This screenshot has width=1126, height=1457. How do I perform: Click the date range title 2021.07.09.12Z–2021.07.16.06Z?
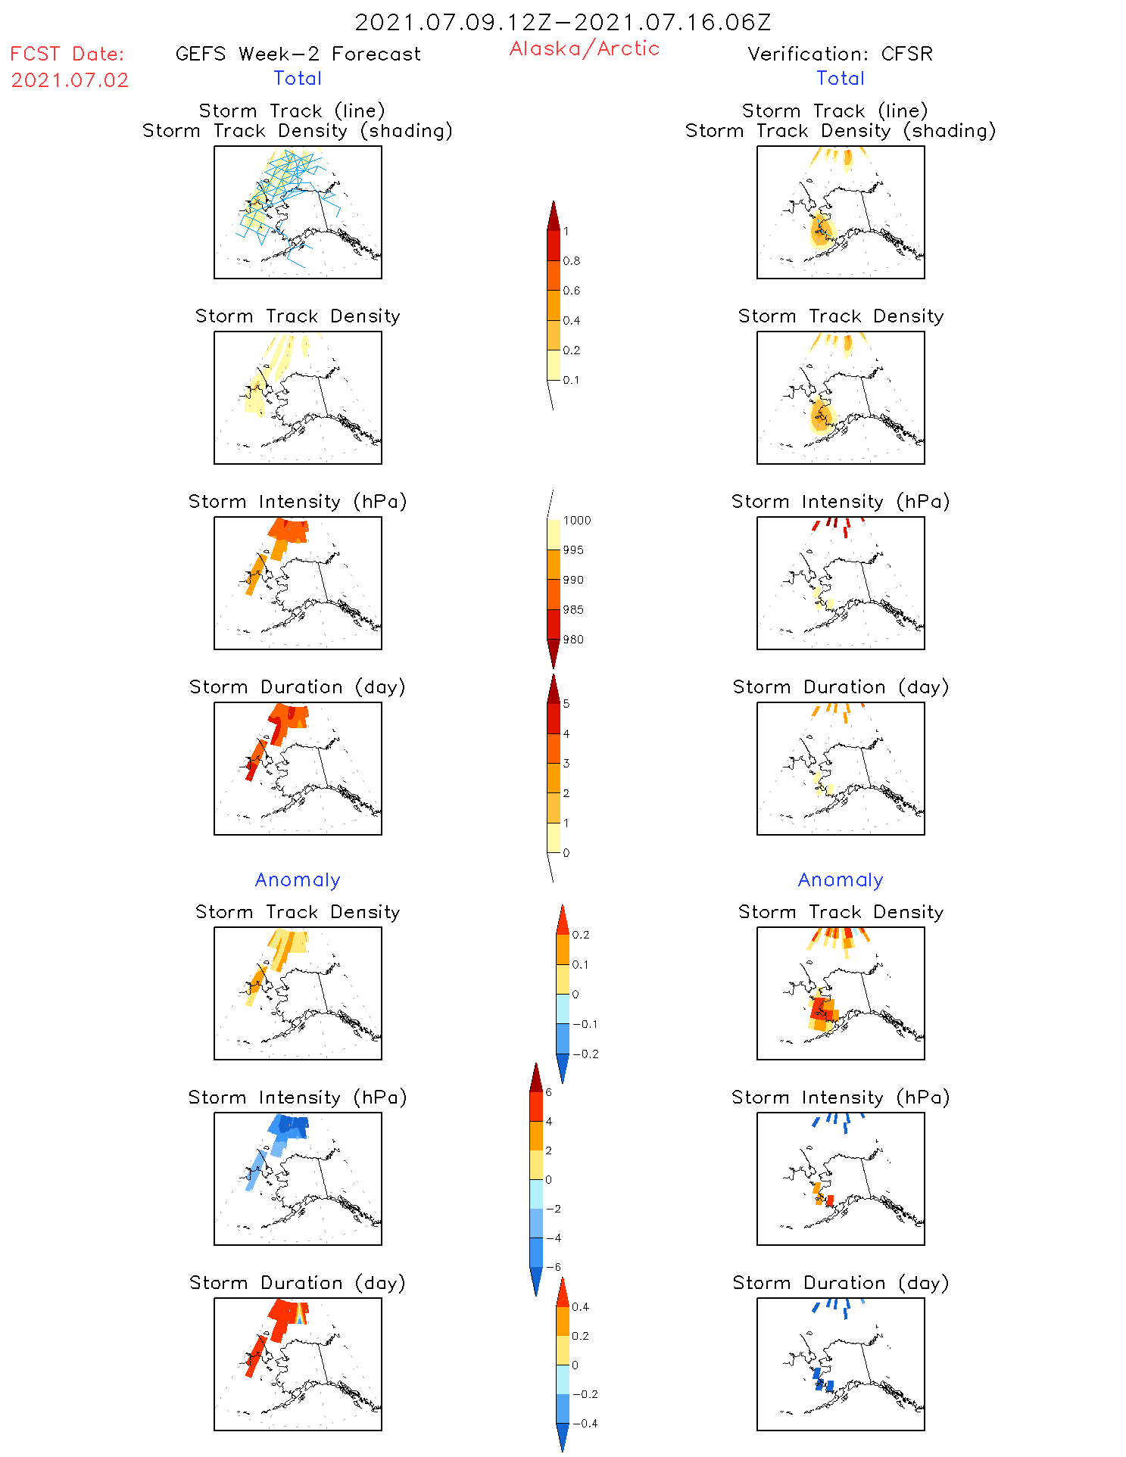click(563, 22)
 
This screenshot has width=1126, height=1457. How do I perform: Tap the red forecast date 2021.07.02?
click(70, 80)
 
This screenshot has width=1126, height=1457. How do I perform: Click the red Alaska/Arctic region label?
click(584, 48)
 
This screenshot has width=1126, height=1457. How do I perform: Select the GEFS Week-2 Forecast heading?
click(298, 54)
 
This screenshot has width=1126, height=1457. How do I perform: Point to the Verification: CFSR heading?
click(840, 54)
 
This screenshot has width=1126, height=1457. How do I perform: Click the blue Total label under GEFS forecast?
click(298, 78)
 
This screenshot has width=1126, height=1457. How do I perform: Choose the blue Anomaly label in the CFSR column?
click(841, 879)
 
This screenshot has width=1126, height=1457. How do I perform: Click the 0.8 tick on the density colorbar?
click(572, 261)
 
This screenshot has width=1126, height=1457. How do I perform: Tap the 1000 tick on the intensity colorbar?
click(576, 521)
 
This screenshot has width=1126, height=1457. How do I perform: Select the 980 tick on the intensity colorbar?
click(573, 640)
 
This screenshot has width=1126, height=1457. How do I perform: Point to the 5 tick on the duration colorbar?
click(566, 704)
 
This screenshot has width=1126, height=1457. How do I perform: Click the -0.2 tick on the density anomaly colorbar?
click(585, 1054)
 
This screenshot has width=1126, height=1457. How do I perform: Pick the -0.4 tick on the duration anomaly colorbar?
click(585, 1423)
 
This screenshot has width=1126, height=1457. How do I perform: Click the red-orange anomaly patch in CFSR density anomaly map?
click(819, 1008)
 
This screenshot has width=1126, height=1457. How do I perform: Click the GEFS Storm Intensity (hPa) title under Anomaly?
click(298, 1097)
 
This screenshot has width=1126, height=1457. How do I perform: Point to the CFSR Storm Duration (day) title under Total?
click(841, 687)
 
